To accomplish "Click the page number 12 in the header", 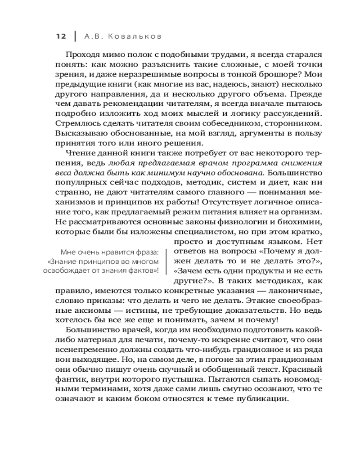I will (x=60, y=36).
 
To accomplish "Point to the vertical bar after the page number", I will (x=73, y=36).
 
